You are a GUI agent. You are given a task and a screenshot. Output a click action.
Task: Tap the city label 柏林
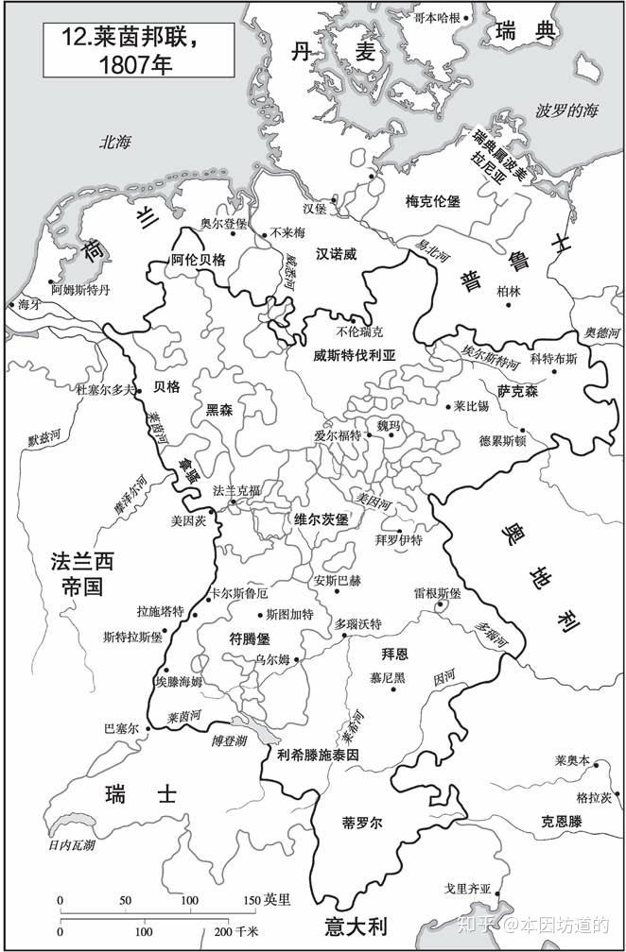pyautogui.click(x=509, y=291)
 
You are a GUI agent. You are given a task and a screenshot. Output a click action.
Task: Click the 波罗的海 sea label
pyautogui.click(x=567, y=110)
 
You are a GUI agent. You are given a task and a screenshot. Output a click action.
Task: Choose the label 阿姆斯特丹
pyautogui.click(x=80, y=290)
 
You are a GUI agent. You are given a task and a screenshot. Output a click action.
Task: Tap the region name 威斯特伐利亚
pyautogui.click(x=354, y=356)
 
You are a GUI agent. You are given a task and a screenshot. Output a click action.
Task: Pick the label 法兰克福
pyautogui.click(x=236, y=491)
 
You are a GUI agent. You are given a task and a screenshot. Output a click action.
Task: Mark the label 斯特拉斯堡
pyautogui.click(x=133, y=637)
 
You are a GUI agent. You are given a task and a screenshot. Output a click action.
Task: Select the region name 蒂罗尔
pyautogui.click(x=362, y=823)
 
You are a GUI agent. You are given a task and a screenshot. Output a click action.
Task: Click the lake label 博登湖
pyautogui.click(x=230, y=741)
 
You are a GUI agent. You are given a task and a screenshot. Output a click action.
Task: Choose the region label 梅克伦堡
pyautogui.click(x=432, y=201)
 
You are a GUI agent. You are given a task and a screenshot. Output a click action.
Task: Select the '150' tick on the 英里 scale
pyautogui.click(x=250, y=898)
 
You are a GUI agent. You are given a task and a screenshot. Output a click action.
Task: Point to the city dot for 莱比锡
pyautogui.click(x=447, y=407)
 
